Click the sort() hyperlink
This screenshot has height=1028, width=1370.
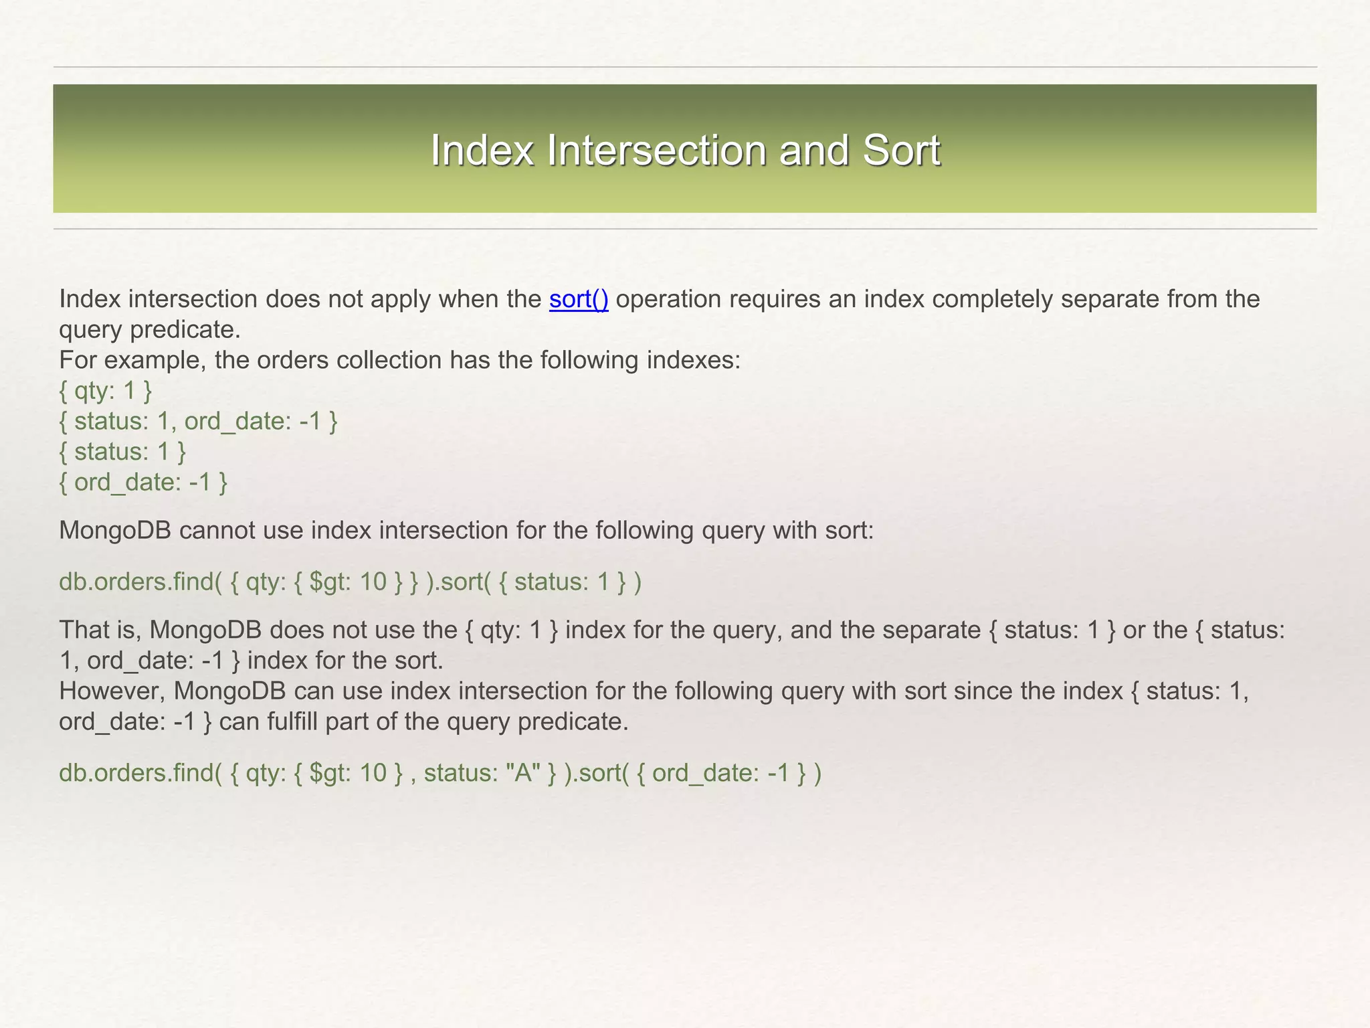[579, 299]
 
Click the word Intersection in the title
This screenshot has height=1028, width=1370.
[656, 150]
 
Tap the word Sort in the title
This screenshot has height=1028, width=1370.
[901, 150]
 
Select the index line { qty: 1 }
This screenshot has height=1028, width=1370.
[106, 391]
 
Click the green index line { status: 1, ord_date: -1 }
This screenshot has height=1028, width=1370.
[198, 422]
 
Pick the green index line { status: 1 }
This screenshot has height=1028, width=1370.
[122, 452]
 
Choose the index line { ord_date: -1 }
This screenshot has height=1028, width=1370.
[143, 483]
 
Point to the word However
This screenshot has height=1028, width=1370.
[112, 691]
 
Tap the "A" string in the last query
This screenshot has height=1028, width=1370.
[524, 774]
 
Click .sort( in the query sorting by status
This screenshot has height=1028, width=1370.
[462, 582]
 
